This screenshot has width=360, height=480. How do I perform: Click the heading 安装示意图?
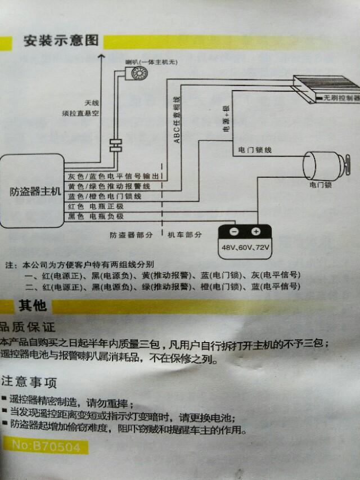[x=61, y=41]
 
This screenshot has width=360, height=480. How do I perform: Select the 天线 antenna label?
[x=92, y=103]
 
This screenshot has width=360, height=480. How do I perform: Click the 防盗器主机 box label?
[x=35, y=191]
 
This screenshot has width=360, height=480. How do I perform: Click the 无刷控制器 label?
[x=341, y=97]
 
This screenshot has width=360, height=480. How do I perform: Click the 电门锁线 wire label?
[x=255, y=150]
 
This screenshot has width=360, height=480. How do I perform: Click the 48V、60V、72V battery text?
[x=245, y=248]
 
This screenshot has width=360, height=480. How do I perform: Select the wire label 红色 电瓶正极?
[x=96, y=207]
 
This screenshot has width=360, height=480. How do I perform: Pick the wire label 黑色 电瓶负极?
[x=96, y=217]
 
